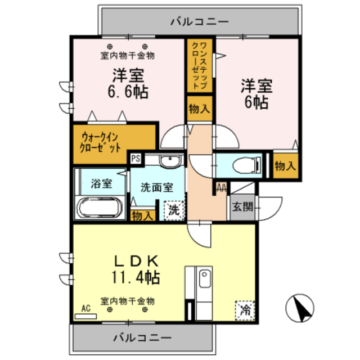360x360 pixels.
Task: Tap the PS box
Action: point(136,159)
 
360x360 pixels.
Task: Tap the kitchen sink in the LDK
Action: point(205,280)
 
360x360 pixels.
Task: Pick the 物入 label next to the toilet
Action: point(285,165)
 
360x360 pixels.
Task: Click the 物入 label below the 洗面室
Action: point(142,215)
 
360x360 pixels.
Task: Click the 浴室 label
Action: point(101,184)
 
